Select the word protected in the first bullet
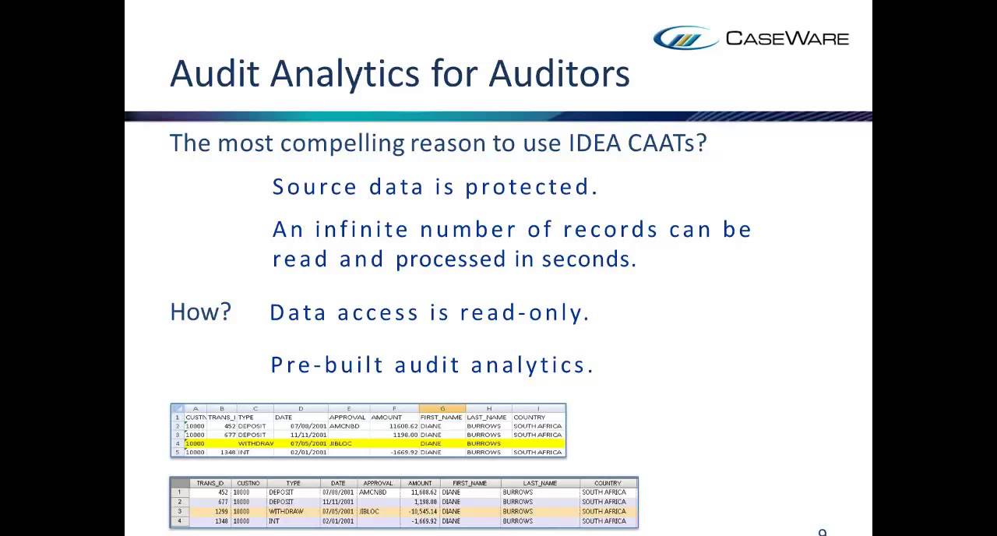(531, 187)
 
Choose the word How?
(200, 312)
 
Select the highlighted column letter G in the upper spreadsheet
(442, 408)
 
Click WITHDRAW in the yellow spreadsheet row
(255, 443)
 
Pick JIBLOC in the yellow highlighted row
(341, 443)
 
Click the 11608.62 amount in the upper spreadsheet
(398, 426)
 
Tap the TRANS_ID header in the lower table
(210, 483)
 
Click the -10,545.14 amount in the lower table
(419, 511)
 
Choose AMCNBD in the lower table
(373, 492)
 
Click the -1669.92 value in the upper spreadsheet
(400, 452)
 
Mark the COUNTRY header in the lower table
(608, 483)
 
